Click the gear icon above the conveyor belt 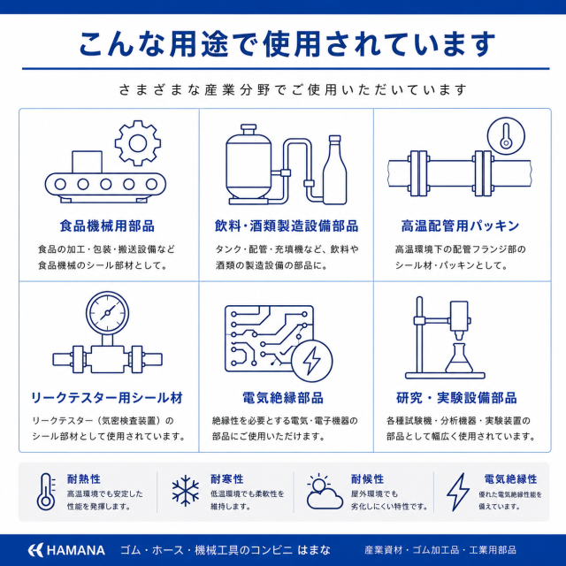(x=138, y=143)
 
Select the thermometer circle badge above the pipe (x=506, y=136)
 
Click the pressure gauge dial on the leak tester (x=107, y=312)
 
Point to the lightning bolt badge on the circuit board (x=312, y=360)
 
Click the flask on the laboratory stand (x=459, y=358)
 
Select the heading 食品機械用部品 (x=107, y=226)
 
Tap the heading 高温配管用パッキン (x=460, y=226)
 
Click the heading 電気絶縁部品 (x=283, y=398)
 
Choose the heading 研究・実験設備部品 (x=456, y=398)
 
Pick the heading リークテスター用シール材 (x=107, y=398)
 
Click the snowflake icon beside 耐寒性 (x=186, y=491)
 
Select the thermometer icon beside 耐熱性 (x=46, y=492)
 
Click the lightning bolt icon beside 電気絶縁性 (x=458, y=492)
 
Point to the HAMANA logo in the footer (x=66, y=550)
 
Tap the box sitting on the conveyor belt (x=87, y=162)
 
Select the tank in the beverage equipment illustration (x=249, y=164)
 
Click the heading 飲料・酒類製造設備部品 (x=287, y=226)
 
